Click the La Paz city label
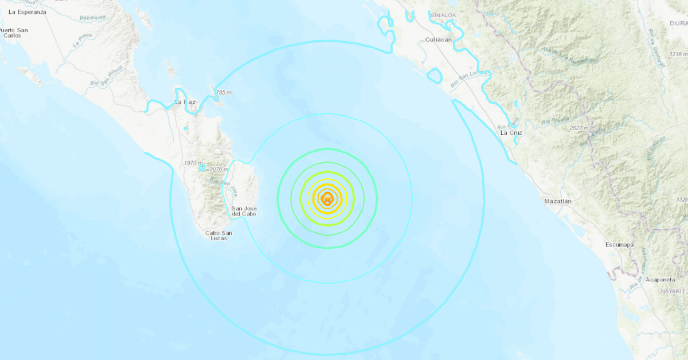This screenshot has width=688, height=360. (x=185, y=102)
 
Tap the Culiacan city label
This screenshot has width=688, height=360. (x=440, y=40)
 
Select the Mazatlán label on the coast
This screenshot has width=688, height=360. (x=558, y=201)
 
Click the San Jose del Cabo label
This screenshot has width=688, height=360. (x=244, y=211)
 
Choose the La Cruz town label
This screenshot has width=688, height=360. (x=511, y=132)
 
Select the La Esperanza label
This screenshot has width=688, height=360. (x=28, y=11)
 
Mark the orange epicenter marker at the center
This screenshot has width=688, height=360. (x=327, y=199)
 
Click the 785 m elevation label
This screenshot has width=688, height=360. (x=223, y=92)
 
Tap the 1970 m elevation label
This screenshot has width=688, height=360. (x=192, y=163)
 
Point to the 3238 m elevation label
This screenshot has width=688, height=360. (x=677, y=54)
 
